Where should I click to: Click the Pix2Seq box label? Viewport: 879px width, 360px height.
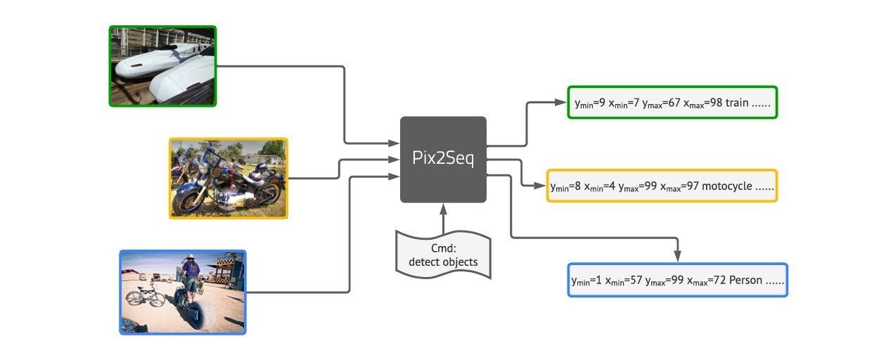click(443, 159)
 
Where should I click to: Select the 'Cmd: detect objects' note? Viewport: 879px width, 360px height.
click(443, 256)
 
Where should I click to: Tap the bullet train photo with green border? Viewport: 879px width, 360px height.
click(162, 66)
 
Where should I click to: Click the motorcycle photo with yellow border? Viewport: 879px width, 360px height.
click(229, 178)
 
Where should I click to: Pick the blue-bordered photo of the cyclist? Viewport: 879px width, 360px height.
click(183, 292)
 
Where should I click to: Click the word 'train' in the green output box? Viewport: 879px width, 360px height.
click(737, 103)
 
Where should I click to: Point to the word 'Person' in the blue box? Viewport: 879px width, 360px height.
click(746, 281)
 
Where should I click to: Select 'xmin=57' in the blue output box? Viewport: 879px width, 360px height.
click(620, 281)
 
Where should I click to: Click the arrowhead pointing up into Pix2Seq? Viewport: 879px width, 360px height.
click(443, 207)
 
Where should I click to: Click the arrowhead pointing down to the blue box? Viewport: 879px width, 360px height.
click(677, 256)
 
